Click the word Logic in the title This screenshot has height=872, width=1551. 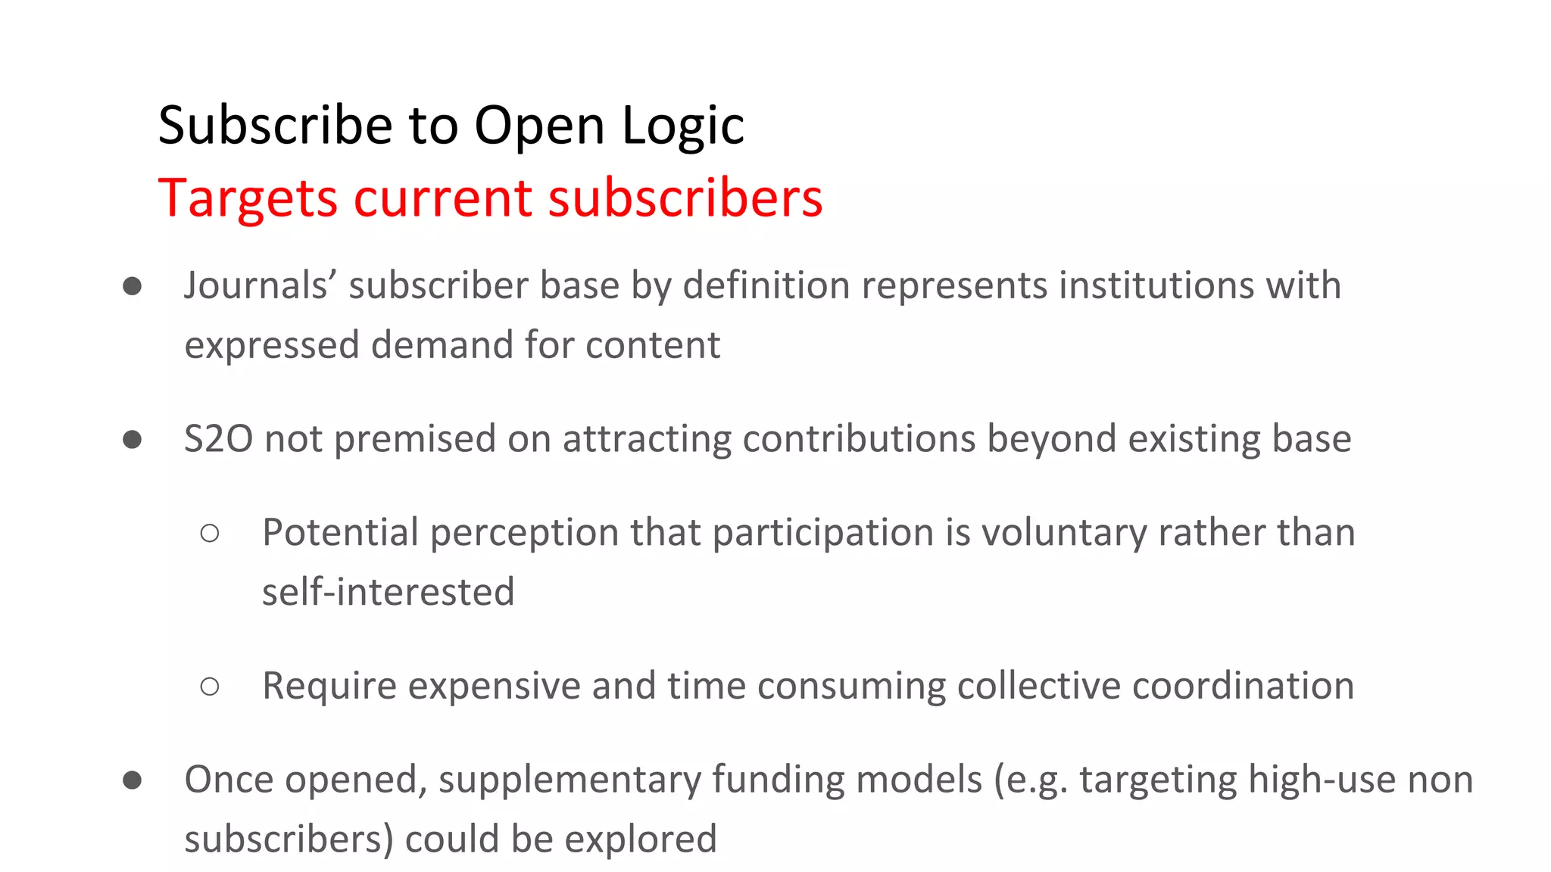(683, 126)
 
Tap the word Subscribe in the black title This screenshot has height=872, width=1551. (275, 126)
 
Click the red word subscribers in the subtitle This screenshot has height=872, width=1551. (685, 198)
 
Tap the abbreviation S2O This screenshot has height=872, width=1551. (218, 440)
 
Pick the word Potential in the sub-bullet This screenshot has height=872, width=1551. (340, 533)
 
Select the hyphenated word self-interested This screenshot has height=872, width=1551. (388, 593)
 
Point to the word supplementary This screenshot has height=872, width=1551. (570, 780)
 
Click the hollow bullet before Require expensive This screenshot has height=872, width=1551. (210, 687)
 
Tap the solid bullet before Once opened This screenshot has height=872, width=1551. (133, 780)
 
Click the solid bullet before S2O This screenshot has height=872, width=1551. (133, 440)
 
